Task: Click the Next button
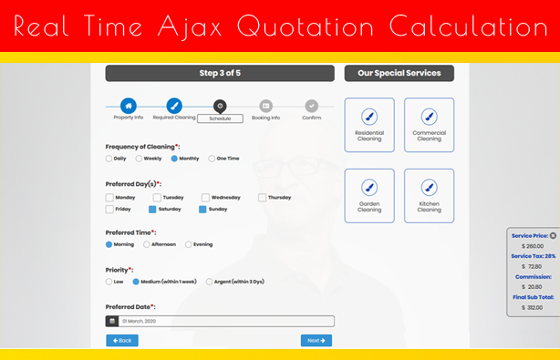tap(316, 340)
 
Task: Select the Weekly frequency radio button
tap(139, 159)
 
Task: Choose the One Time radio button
tap(212, 159)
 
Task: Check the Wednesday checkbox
tap(205, 197)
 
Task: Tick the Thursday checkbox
tap(262, 197)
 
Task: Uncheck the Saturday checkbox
tap(152, 209)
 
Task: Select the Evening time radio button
tap(188, 244)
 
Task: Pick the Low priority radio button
tap(109, 282)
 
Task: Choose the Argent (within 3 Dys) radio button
tap(209, 282)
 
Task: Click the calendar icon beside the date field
tap(112, 321)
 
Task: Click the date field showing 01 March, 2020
tap(226, 321)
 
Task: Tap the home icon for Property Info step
tap(129, 106)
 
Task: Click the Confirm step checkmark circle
tap(311, 106)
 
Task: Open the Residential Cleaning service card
tap(369, 125)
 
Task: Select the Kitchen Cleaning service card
tap(430, 196)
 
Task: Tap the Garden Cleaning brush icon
tap(369, 188)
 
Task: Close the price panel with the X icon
tap(553, 235)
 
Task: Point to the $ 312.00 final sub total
tap(532, 307)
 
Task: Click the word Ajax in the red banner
tap(190, 26)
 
